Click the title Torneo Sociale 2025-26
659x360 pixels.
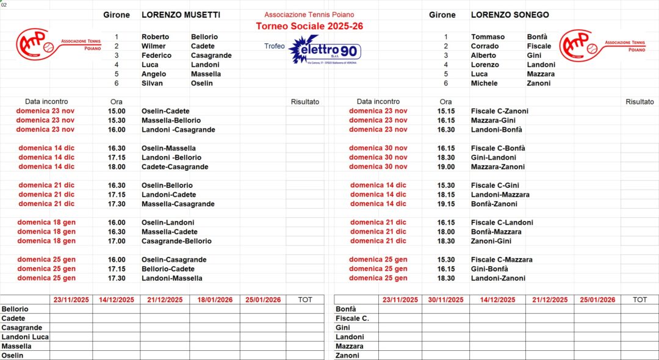coord(309,26)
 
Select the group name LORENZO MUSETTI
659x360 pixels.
coord(181,15)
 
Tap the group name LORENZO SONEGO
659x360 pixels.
coord(510,15)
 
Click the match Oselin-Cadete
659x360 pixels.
coord(165,111)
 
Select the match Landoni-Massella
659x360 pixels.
coord(171,278)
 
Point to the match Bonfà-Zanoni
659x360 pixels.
coord(494,204)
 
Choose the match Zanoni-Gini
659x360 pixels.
coord(491,241)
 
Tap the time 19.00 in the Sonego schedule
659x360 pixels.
coord(446,167)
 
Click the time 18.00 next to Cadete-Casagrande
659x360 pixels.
coord(117,167)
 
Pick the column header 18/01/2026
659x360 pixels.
coord(215,300)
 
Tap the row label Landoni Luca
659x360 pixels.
coord(25,337)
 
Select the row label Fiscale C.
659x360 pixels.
coord(352,318)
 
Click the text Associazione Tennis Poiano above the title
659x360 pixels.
coord(309,15)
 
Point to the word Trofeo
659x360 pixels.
coord(274,46)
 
